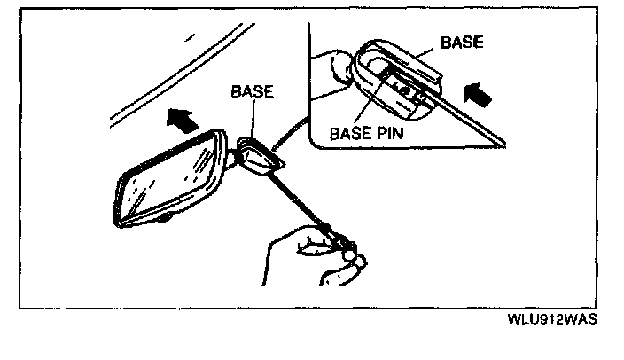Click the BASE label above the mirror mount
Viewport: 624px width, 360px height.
[x=252, y=90]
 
